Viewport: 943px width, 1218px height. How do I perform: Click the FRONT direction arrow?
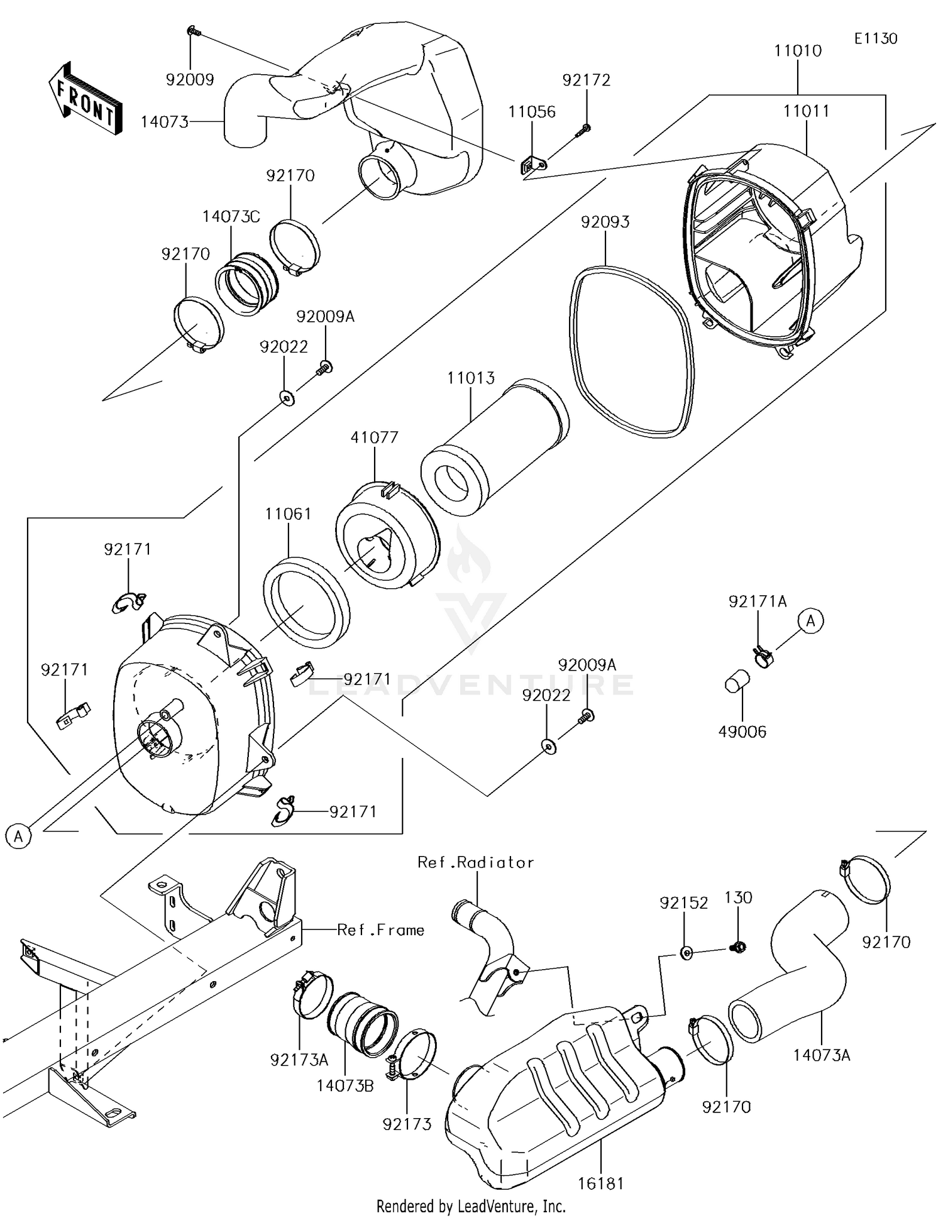point(85,101)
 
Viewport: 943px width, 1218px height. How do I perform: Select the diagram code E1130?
point(875,38)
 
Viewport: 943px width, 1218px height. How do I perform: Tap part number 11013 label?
point(471,378)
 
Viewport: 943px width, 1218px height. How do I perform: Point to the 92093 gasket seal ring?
point(632,352)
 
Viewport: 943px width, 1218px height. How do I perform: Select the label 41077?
point(375,437)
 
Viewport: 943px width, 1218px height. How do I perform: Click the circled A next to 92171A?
point(811,621)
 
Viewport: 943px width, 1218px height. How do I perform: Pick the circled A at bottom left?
point(18,837)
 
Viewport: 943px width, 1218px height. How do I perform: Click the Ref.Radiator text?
point(475,862)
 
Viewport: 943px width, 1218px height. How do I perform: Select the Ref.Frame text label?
point(380,930)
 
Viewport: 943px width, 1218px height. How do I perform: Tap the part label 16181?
point(601,1183)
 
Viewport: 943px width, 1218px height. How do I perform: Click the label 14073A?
point(821,1055)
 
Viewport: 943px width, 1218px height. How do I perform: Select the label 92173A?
point(299,1060)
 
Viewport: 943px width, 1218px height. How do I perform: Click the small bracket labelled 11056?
point(532,166)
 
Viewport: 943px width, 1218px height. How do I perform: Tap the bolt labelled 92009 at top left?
point(193,30)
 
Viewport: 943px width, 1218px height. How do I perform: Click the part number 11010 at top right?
point(798,51)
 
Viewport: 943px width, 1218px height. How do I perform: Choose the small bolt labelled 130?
point(738,946)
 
